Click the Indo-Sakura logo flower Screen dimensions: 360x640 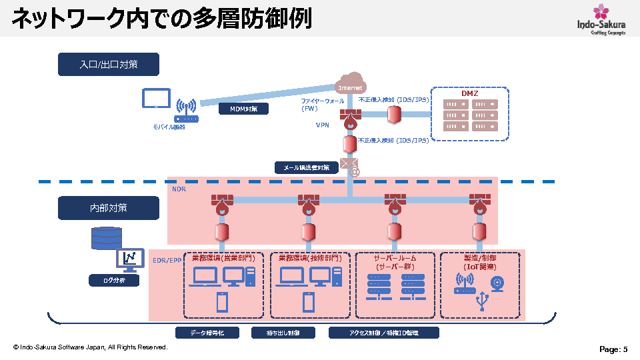[x=601, y=11]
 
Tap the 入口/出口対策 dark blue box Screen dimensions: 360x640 [x=109, y=64]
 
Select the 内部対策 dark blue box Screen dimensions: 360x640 [x=109, y=208]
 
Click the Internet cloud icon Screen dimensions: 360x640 [x=351, y=85]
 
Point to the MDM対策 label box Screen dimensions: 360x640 [x=244, y=108]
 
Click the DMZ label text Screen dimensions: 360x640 [x=470, y=93]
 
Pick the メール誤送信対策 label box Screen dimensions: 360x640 [x=307, y=168]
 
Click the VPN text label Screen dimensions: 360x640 [x=323, y=125]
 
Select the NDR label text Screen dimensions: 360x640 [x=179, y=190]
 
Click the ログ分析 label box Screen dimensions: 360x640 [x=114, y=281]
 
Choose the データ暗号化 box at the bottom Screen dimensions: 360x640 [x=207, y=333]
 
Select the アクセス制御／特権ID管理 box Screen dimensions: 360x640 [x=384, y=333]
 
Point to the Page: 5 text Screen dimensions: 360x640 [x=613, y=349]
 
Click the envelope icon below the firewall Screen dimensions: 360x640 [x=348, y=163]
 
